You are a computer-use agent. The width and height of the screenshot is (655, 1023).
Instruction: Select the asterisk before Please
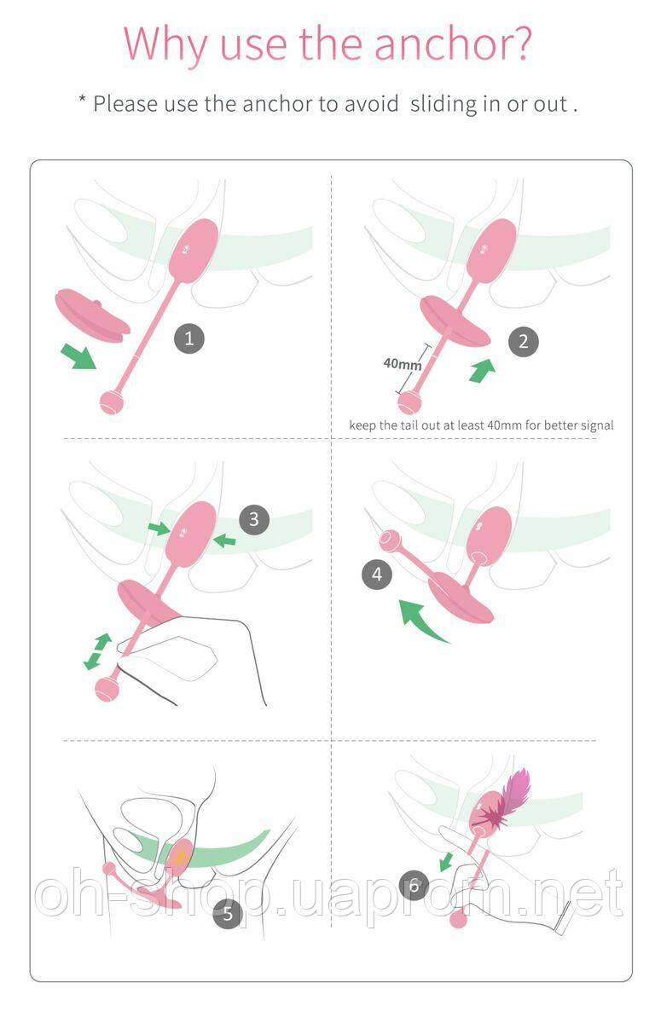[x=82, y=99]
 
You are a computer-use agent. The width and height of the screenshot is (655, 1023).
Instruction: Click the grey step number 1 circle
[x=189, y=338]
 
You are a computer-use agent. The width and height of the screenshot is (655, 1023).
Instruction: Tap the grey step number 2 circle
[x=524, y=342]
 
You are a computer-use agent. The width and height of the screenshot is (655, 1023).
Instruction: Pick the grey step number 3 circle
[x=254, y=519]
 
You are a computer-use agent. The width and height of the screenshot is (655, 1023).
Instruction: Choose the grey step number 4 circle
[x=377, y=574]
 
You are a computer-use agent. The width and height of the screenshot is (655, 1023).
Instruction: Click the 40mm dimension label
[x=403, y=364]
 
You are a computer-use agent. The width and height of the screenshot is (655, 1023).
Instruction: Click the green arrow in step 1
[x=78, y=356]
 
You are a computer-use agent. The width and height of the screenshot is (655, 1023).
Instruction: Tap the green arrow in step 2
[x=483, y=370]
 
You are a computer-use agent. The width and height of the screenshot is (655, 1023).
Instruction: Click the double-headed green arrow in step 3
[x=98, y=651]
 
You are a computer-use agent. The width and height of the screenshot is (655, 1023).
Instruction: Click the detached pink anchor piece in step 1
[x=92, y=315]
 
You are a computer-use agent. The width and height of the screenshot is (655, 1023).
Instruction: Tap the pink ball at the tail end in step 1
[x=112, y=402]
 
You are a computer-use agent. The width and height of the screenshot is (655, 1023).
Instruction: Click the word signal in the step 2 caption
[x=597, y=425]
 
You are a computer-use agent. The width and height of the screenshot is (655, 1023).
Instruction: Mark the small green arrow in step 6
[x=445, y=862]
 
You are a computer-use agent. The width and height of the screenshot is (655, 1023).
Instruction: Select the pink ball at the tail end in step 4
[x=391, y=540]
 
